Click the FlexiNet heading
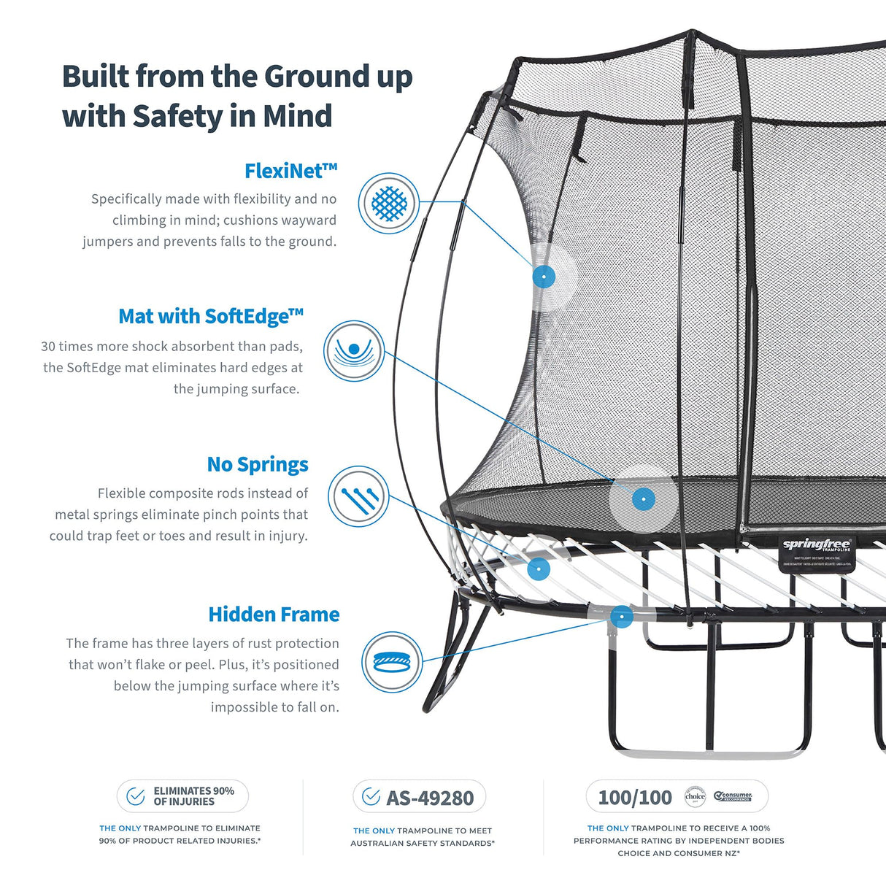click(290, 171)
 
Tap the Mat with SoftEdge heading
click(210, 316)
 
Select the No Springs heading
click(257, 464)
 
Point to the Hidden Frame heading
click(274, 615)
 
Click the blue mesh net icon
click(389, 204)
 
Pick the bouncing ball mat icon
click(354, 351)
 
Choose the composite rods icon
click(358, 497)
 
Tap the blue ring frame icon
click(393, 663)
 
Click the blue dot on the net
click(544, 277)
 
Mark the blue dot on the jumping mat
click(643, 499)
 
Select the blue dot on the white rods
click(539, 569)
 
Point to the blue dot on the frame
click(621, 617)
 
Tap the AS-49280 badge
click(420, 797)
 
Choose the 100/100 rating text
click(635, 798)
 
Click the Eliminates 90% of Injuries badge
click(182, 796)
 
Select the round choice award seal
click(695, 797)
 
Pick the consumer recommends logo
click(733, 796)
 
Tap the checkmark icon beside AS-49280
click(371, 796)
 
